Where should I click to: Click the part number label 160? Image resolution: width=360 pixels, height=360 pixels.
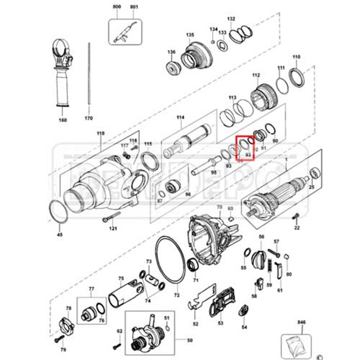click(63, 120)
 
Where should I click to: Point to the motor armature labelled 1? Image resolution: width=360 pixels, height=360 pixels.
click(276, 195)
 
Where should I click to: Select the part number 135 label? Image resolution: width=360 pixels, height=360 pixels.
click(190, 35)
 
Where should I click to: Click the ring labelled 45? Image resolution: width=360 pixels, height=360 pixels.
click(59, 212)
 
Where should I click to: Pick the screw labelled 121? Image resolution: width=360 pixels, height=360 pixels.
click(111, 217)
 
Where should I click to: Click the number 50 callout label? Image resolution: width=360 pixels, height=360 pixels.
click(190, 340)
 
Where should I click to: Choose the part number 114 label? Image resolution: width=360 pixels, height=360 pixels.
click(181, 118)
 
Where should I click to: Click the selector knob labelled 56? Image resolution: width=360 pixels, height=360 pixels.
click(260, 258)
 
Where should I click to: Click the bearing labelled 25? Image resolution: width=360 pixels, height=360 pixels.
click(315, 174)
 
